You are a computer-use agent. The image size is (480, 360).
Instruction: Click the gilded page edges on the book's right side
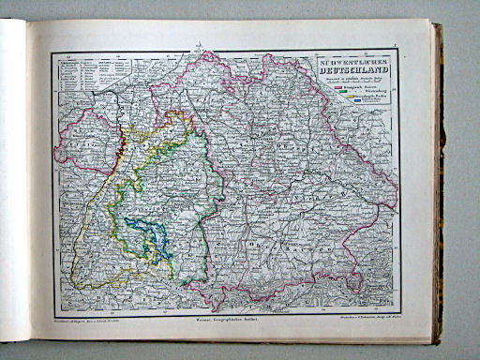pos(436,187)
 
